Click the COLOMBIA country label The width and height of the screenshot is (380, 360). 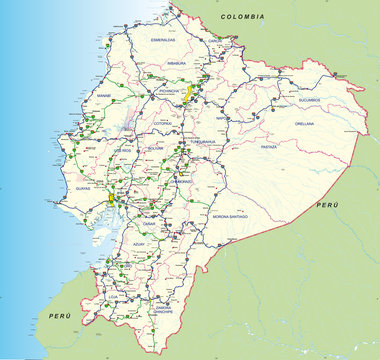click(x=243, y=17)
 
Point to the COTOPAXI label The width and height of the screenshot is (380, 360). click(x=167, y=124)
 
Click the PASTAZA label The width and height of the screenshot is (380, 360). click(x=267, y=146)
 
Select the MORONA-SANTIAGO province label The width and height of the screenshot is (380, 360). click(x=231, y=216)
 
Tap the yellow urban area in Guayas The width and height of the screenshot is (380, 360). click(x=111, y=199)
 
